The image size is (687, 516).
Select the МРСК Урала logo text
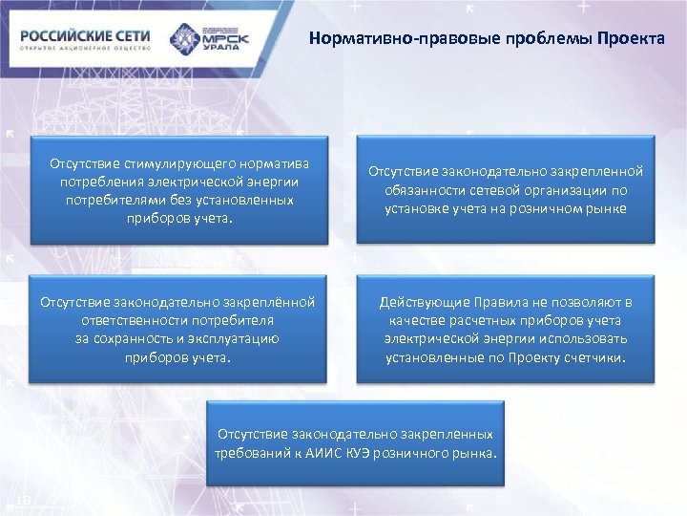click(x=227, y=41)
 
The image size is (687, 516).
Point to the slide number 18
click(x=25, y=501)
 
